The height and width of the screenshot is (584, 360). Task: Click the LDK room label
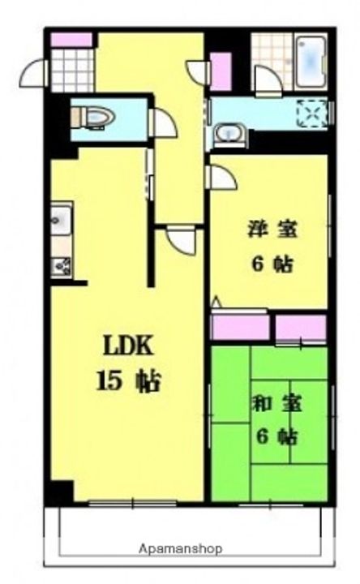[x=128, y=346]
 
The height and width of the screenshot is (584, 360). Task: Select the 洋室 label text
[x=273, y=229]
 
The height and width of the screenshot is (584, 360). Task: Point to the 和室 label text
[x=277, y=405]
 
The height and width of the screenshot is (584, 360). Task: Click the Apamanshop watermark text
[x=181, y=548]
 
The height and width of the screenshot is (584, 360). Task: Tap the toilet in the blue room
[x=93, y=118]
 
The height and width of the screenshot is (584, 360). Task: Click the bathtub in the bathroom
[x=311, y=62]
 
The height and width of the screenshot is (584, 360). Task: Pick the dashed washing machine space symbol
[x=312, y=113]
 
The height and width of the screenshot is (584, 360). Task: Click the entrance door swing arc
[x=32, y=73]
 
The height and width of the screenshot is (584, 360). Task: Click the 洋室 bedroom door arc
[x=223, y=178]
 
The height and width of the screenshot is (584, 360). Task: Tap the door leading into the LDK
[x=181, y=241]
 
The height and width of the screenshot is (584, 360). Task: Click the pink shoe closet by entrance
[x=71, y=41]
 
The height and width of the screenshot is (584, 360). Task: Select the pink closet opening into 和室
[x=301, y=328]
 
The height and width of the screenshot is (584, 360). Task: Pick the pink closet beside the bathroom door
[x=221, y=71]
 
